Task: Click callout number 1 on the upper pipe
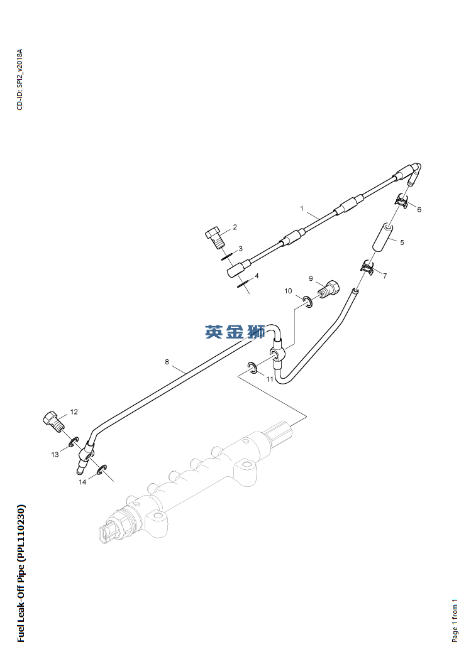tap(302, 209)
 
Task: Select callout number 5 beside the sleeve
tap(402, 242)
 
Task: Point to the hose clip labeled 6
tap(401, 202)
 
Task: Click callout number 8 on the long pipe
tap(167, 362)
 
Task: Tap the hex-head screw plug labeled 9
tap(330, 291)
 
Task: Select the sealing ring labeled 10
tap(307, 302)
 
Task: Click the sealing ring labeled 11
tap(252, 368)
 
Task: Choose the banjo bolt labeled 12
tap(52, 421)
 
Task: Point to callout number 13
tap(55, 454)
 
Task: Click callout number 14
tap(82, 482)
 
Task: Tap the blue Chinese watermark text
tap(235, 332)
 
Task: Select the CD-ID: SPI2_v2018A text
tap(19, 79)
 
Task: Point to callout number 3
tap(240, 249)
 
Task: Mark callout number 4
tap(256, 276)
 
